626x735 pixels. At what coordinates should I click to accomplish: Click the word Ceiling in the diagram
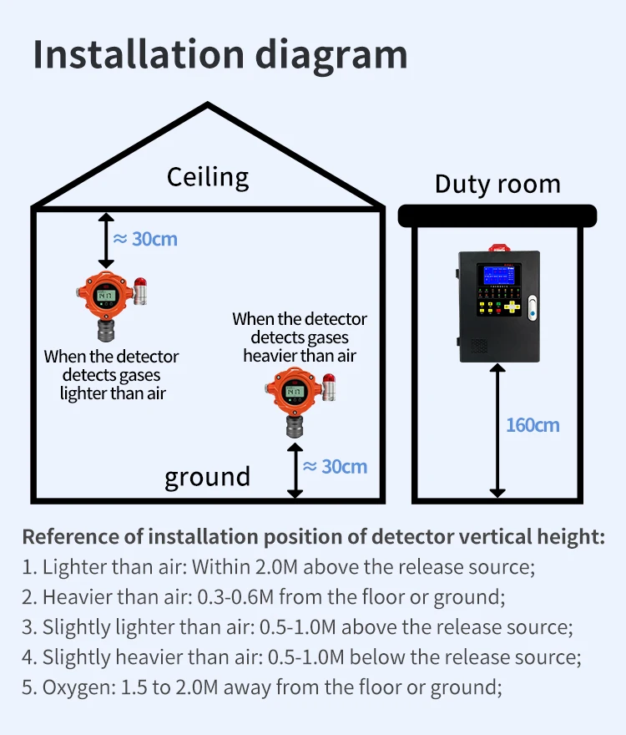pyautogui.click(x=208, y=177)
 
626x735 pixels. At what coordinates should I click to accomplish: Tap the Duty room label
pyautogui.click(x=497, y=184)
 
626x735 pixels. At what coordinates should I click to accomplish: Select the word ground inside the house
pyautogui.click(x=207, y=477)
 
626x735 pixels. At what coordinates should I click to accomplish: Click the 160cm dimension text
pyautogui.click(x=533, y=425)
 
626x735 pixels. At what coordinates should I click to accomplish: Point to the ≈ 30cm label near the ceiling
pyautogui.click(x=145, y=239)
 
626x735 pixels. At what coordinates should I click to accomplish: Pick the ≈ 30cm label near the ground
pyautogui.click(x=335, y=466)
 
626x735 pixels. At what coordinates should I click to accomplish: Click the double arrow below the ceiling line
pyautogui.click(x=106, y=239)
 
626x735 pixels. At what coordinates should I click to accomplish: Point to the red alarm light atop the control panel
pyautogui.click(x=498, y=247)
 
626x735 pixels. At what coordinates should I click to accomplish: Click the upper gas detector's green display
pyautogui.click(x=106, y=295)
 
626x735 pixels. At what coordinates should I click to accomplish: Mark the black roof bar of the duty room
pyautogui.click(x=497, y=216)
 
